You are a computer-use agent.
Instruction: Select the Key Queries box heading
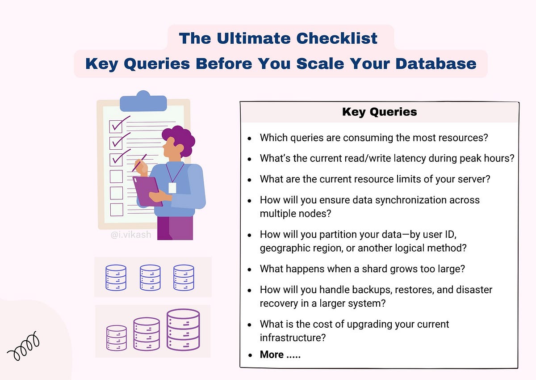click(x=379, y=112)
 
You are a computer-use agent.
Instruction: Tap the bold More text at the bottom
click(x=272, y=355)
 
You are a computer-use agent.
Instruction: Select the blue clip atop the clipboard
click(x=143, y=102)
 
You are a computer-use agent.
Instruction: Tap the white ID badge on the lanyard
click(x=172, y=187)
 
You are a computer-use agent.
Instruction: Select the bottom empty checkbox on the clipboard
click(x=117, y=209)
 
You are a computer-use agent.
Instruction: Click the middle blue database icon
click(x=150, y=277)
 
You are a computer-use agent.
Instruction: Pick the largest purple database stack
click(x=183, y=330)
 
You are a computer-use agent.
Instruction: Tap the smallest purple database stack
click(x=117, y=338)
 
